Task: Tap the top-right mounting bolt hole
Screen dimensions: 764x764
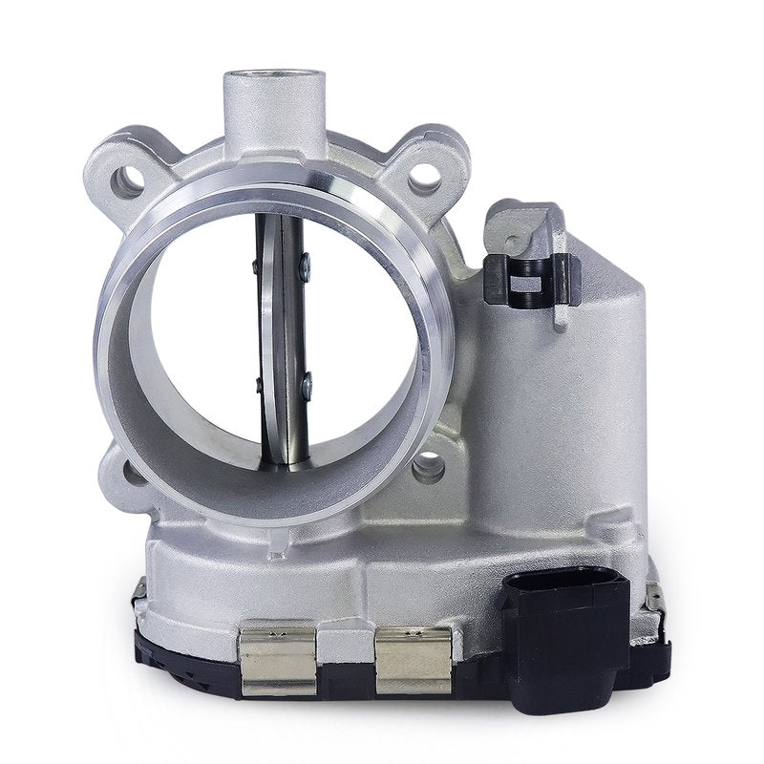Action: click(x=425, y=179)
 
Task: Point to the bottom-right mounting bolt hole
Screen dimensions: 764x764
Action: click(x=429, y=467)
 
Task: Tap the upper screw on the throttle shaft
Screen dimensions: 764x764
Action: click(x=305, y=269)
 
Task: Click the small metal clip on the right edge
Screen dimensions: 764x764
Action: click(x=656, y=599)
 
